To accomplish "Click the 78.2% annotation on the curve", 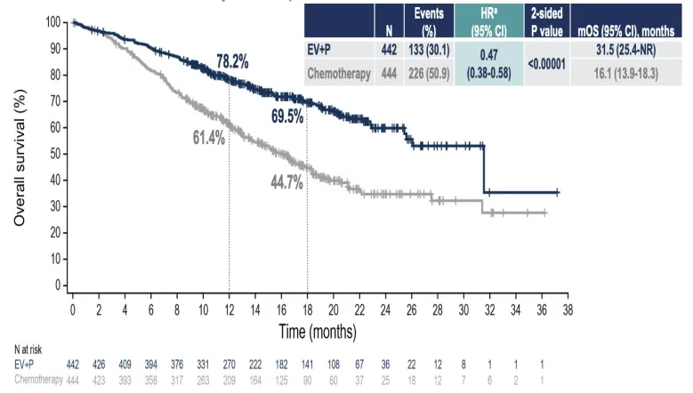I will (232, 61).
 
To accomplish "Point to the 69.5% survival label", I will (288, 116).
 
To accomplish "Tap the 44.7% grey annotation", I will (287, 184).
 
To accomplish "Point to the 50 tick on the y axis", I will (55, 154).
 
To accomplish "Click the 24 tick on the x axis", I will (385, 309).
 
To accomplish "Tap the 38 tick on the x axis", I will (568, 309).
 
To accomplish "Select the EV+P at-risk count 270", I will (229, 365).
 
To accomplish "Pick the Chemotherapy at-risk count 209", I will (229, 380).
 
